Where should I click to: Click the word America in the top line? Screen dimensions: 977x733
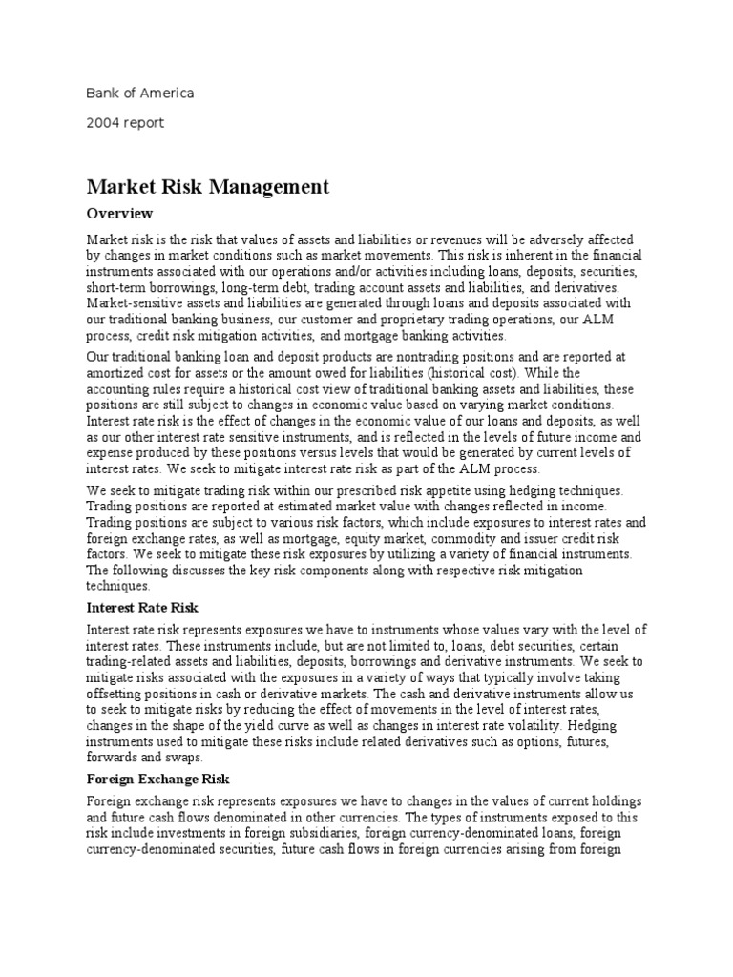point(166,94)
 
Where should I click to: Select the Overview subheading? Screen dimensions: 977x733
point(119,213)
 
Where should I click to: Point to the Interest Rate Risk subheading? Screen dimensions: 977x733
point(141,607)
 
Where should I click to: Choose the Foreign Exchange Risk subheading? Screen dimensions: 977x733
point(158,780)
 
